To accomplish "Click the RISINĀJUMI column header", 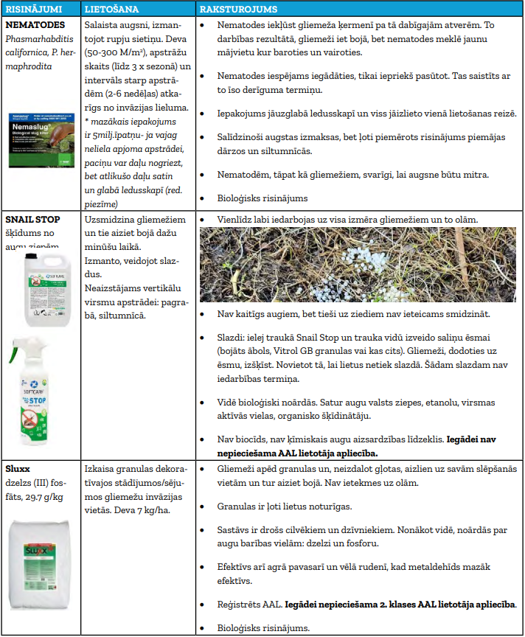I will pyautogui.click(x=33, y=10).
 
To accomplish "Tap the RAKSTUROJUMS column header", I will pyautogui.click(x=237, y=10).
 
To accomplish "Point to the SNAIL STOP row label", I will pyautogui.click(x=33, y=220).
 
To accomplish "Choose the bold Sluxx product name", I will pyautogui.click(x=19, y=468).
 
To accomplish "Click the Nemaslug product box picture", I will pyautogui.click(x=41, y=138).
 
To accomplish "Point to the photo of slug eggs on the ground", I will pyautogui.click(x=358, y=264).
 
